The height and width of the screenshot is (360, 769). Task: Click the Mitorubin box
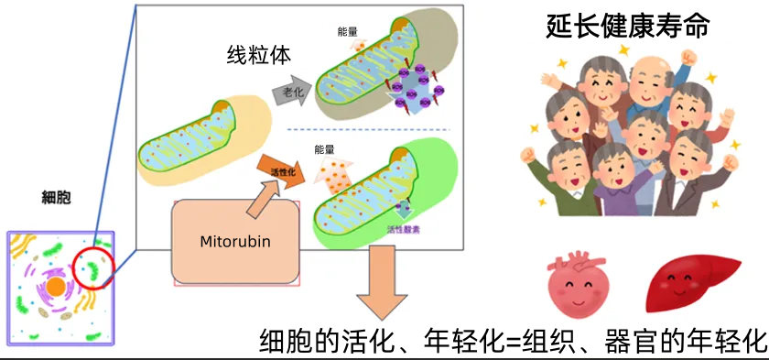[237, 241]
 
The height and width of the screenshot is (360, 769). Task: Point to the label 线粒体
[259, 54]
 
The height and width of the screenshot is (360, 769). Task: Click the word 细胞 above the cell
[57, 196]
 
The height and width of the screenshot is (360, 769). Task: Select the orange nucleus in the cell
[56, 287]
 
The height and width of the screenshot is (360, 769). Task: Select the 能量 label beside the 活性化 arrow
[325, 149]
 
